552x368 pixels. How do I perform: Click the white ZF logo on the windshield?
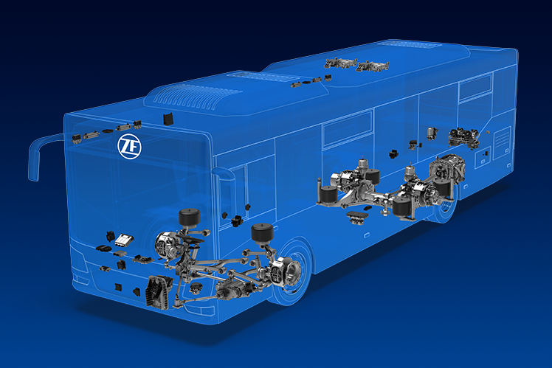pyautogui.click(x=130, y=146)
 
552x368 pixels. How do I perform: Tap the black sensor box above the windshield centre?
pyautogui.click(x=168, y=118)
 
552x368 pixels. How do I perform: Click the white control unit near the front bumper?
pyautogui.click(x=124, y=240)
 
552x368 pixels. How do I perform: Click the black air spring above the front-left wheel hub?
pyautogui.click(x=190, y=217)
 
